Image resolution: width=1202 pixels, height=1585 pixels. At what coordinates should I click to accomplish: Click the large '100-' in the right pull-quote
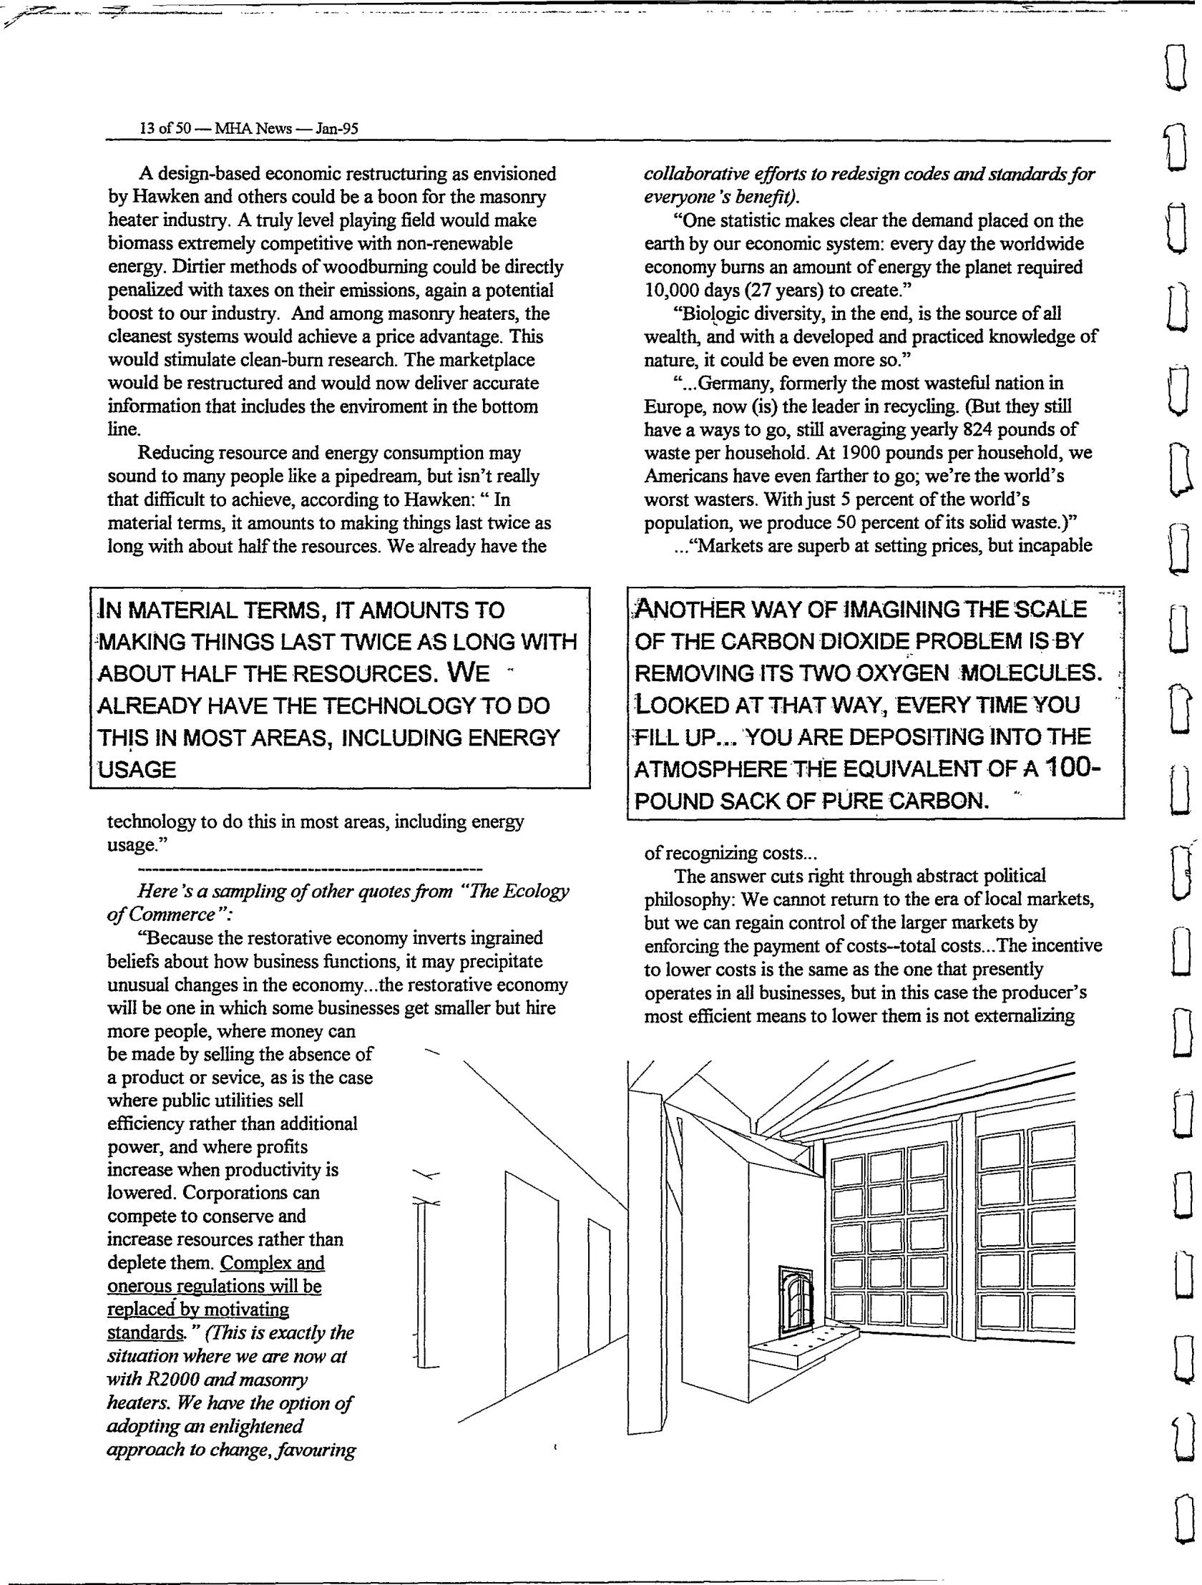[x=1072, y=767]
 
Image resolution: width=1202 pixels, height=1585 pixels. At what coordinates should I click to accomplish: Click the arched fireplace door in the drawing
[x=796, y=1297]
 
